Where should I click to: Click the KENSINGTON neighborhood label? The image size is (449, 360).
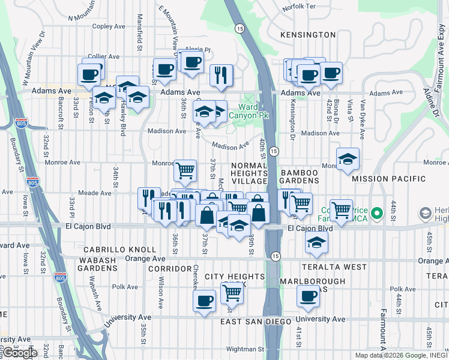(x=308, y=35)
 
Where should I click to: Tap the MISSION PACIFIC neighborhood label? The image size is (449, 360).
(x=389, y=179)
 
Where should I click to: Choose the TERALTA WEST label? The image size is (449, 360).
(x=335, y=266)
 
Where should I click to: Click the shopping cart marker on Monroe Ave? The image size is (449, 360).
(x=185, y=170)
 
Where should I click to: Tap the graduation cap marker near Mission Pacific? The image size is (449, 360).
(x=348, y=159)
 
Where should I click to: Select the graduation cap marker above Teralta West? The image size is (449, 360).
(x=316, y=242)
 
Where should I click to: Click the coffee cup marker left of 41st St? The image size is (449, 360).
(x=309, y=296)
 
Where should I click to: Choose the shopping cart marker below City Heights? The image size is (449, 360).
(x=232, y=293)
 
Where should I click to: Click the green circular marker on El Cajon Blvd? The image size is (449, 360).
(x=377, y=213)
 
